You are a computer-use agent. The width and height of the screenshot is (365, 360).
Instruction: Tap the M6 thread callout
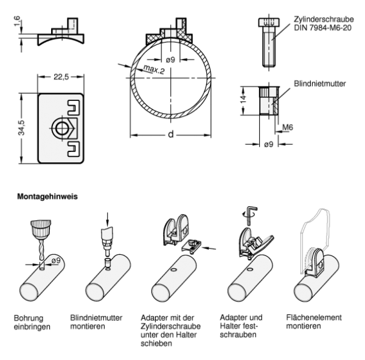click(288, 128)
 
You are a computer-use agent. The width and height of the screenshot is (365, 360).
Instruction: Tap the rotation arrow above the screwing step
click(247, 214)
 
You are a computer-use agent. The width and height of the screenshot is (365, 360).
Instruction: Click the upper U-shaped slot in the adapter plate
click(74, 109)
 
